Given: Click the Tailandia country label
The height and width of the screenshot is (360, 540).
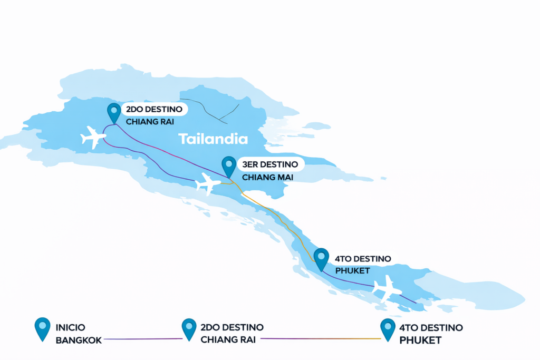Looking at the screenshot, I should pos(213,139).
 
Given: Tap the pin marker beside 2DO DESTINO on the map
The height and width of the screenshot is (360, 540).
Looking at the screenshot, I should pos(113,112).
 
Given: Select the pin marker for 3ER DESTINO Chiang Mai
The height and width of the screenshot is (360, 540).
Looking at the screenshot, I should pos(229,166).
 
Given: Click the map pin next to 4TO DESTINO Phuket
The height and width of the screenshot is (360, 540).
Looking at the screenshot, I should pos(321,259).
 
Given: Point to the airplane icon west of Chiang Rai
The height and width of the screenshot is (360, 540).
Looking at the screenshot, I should pos(93,137).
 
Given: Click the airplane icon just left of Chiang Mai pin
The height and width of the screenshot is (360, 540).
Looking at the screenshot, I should pos(208,183).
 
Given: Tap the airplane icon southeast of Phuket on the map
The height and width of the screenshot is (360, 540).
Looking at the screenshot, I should pos(387,288).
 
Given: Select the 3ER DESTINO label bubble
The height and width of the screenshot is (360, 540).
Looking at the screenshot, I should pos(270,164).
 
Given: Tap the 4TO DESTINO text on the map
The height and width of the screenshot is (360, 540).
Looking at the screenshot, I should pos(363,259).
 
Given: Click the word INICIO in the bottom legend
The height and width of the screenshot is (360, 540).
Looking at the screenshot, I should pos(70,327).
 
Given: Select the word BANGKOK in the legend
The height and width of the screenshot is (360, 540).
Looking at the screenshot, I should pos(78,340).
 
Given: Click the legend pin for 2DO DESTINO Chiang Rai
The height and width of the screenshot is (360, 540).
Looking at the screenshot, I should pos(189,328).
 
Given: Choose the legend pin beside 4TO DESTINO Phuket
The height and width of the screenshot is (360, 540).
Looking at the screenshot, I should pos(388,328).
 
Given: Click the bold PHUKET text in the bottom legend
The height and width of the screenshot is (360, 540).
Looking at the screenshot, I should pos(420,340).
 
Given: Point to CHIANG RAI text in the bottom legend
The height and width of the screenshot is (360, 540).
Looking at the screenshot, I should pos(228,340).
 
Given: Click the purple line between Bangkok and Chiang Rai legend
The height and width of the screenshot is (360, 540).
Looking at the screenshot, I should pos(142,339).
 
